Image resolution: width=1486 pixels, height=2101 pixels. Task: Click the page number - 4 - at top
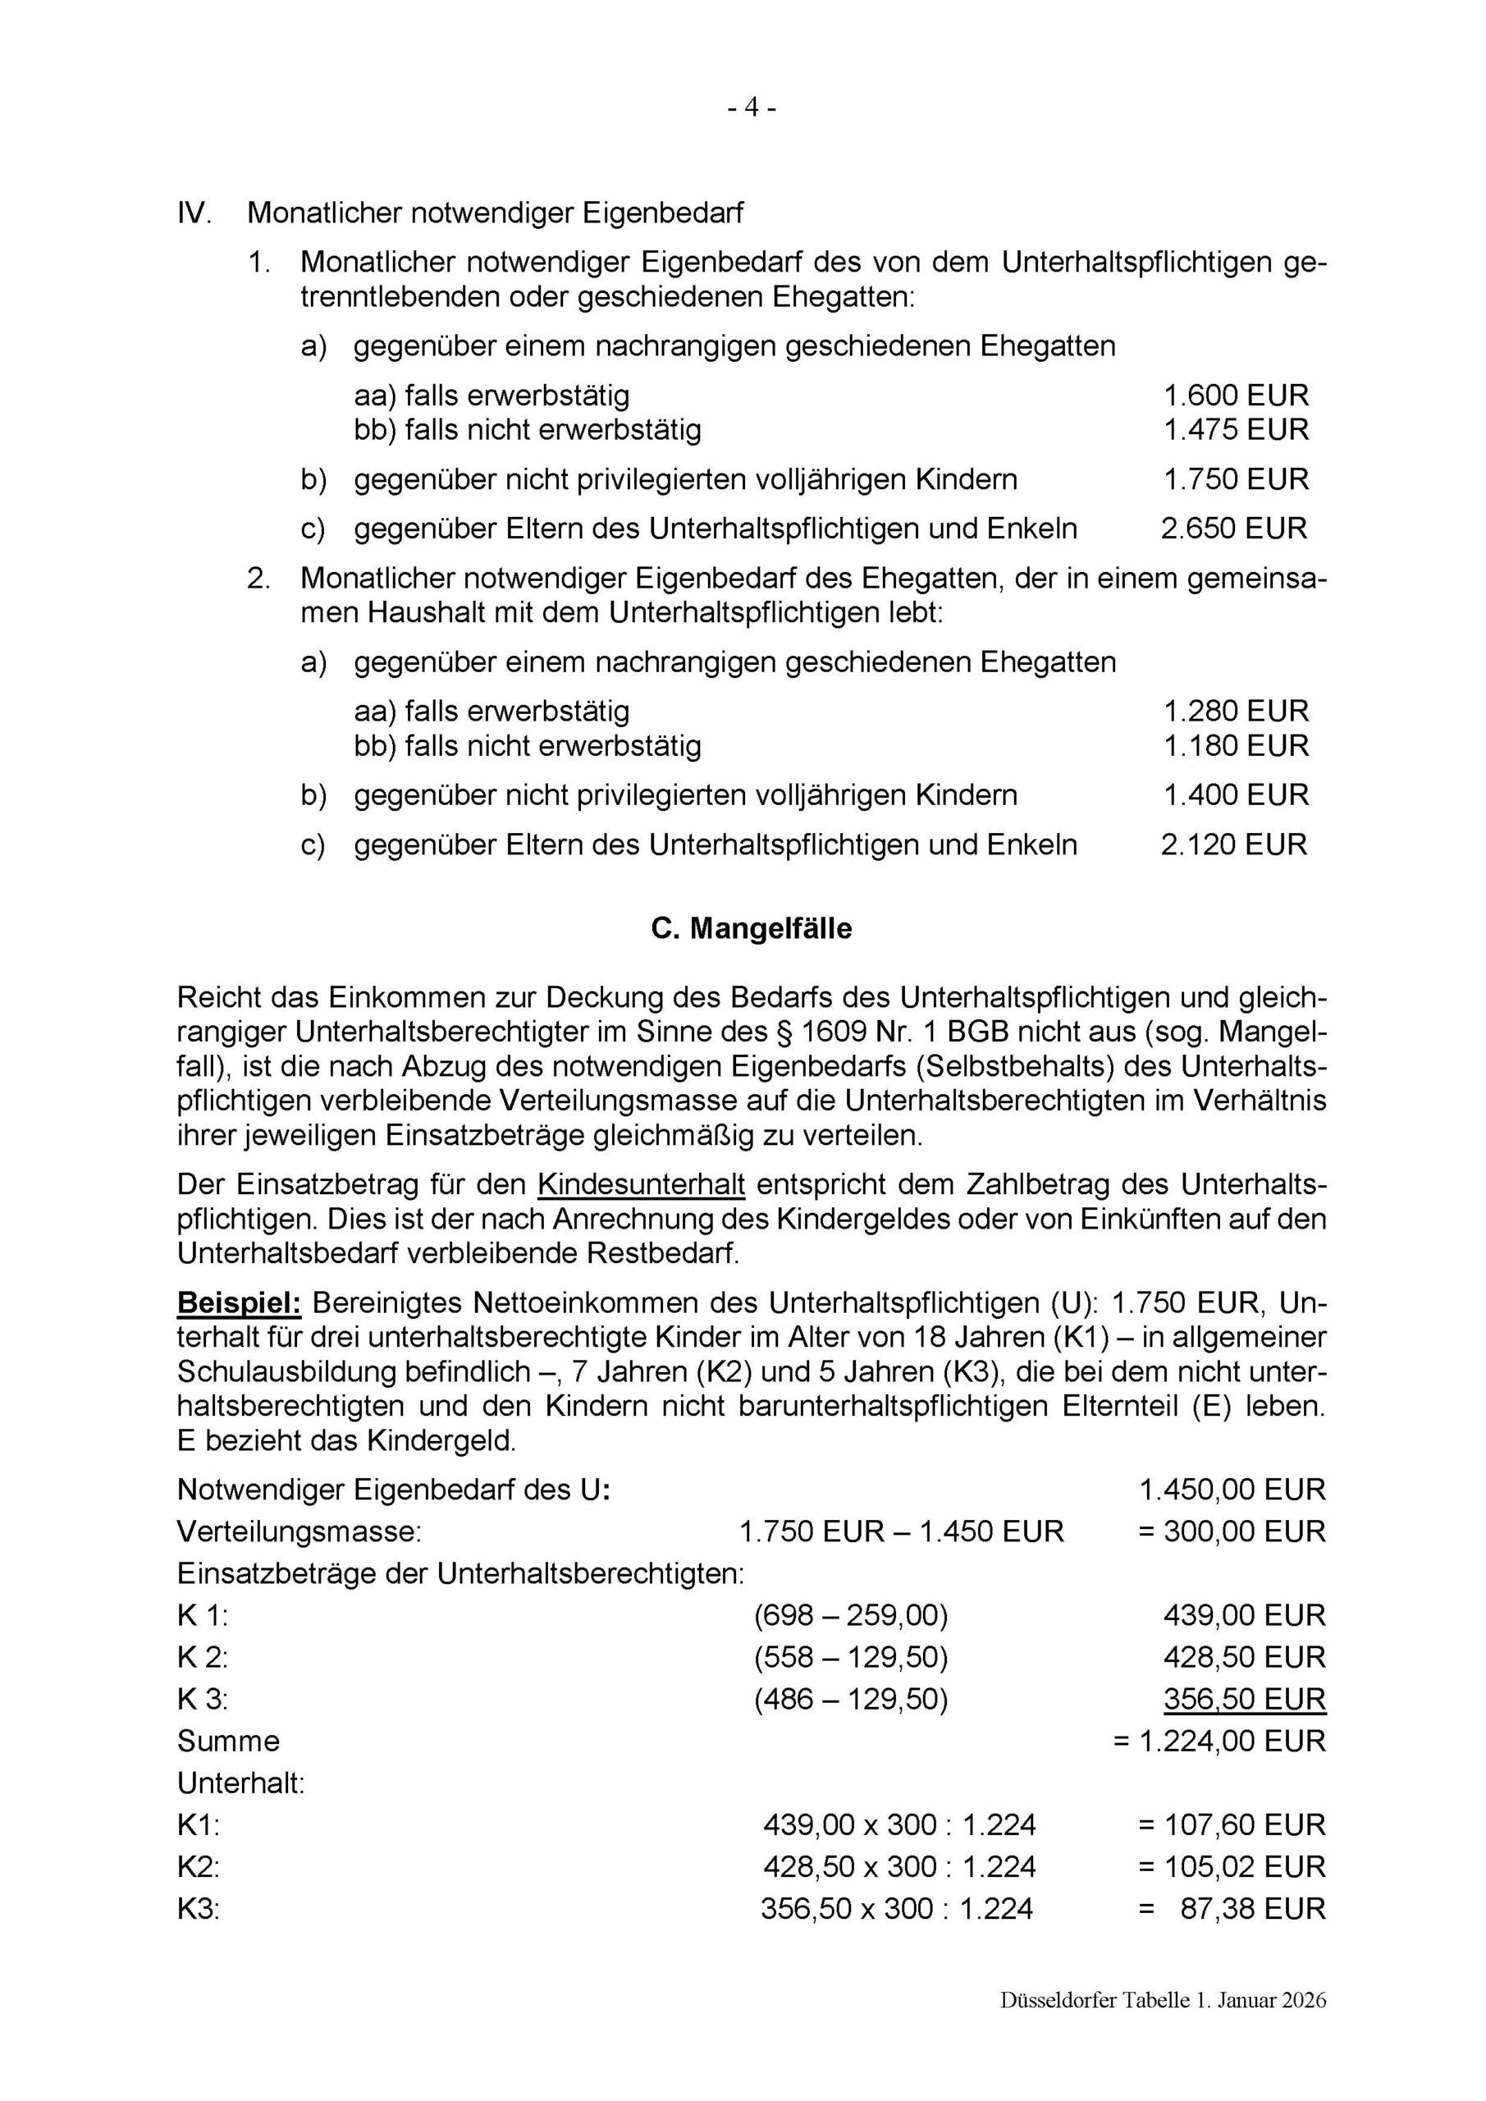point(752,108)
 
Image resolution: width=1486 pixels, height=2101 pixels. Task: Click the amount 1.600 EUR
point(1235,396)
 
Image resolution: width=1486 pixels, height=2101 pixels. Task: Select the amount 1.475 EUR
point(1235,429)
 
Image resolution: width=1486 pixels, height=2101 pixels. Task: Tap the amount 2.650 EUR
point(1233,528)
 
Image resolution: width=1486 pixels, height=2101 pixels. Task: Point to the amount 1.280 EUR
point(1235,711)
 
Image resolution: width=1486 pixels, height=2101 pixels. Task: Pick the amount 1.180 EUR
point(1235,745)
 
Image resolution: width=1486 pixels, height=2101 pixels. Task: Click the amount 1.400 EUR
point(1235,794)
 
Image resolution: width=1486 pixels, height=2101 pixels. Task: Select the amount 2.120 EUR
point(1233,844)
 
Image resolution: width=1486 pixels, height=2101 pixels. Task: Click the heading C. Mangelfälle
point(752,929)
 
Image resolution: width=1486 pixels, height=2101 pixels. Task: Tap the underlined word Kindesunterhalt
point(642,1185)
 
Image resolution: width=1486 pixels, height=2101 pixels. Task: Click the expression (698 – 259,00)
point(851,1615)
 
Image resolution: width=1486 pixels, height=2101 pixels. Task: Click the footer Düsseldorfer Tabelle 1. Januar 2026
point(1162,2027)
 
